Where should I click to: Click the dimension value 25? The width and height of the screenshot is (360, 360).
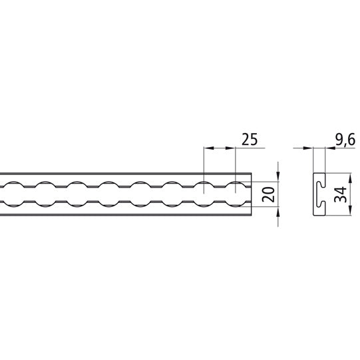(x=249, y=139)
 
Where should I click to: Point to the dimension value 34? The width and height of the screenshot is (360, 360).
(x=339, y=194)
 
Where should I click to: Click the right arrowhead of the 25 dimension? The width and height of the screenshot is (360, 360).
(x=233, y=148)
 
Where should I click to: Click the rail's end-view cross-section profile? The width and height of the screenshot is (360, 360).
(x=319, y=194)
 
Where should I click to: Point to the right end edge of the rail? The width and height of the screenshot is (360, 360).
(x=252, y=193)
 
